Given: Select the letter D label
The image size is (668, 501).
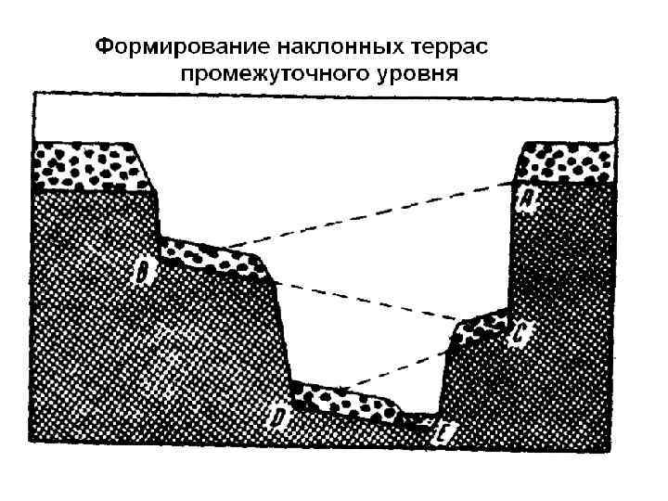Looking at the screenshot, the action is [278, 418].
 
